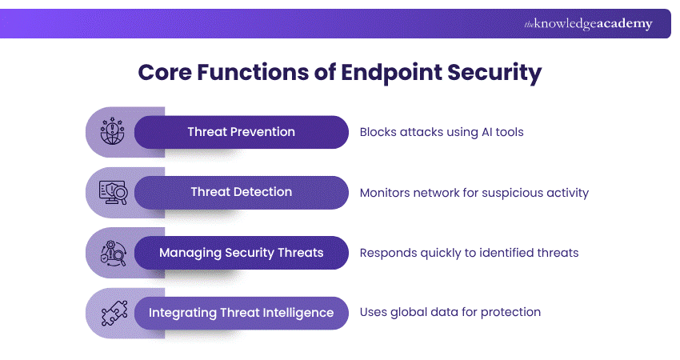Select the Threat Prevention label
[241, 132]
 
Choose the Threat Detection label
[241, 192]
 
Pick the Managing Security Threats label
[241, 253]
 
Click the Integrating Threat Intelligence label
[241, 313]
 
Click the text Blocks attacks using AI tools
[442, 132]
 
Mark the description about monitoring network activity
[474, 192]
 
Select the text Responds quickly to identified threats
[469, 253]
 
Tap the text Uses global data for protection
[450, 313]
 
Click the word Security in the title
[498, 73]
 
